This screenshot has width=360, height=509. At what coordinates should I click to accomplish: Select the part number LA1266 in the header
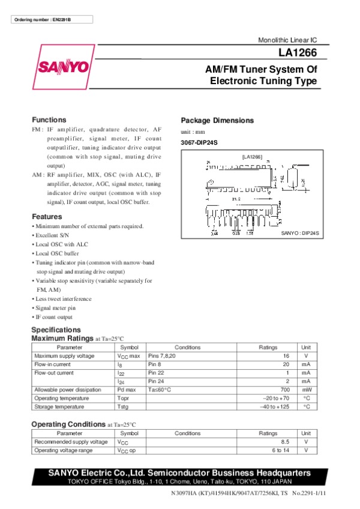tap(298, 53)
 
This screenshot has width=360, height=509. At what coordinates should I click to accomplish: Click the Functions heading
tap(49, 119)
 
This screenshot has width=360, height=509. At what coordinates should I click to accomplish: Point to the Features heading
tap(47, 217)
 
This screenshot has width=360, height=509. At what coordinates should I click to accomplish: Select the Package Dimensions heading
tap(217, 120)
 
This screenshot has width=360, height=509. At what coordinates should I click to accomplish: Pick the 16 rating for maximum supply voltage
tap(286, 356)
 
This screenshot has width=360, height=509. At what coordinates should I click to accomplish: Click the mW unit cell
tap(306, 390)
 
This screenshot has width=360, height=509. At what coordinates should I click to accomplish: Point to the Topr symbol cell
tap(124, 398)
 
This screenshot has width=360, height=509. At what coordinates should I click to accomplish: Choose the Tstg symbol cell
tap(123, 406)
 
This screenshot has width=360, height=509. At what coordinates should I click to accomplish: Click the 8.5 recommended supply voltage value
tap(284, 442)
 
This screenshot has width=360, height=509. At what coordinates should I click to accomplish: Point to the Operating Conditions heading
tap(68, 424)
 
